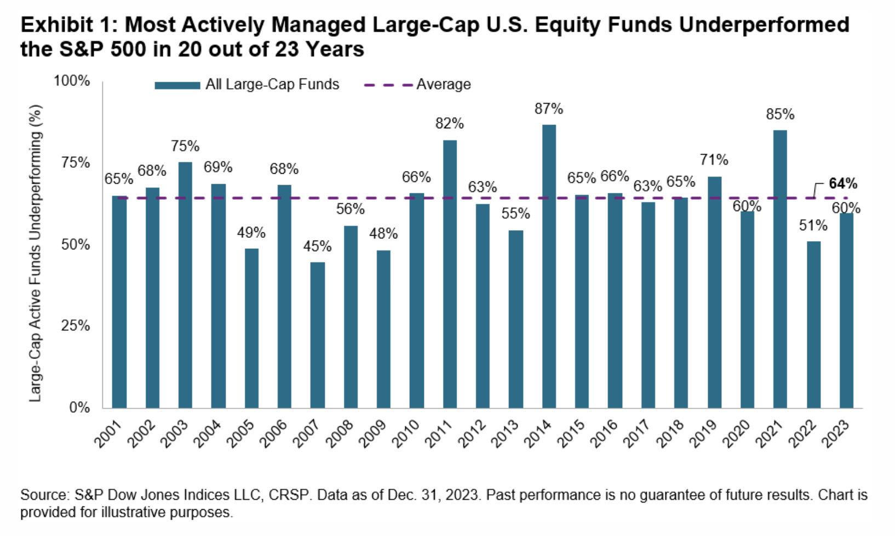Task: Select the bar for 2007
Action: coord(318,335)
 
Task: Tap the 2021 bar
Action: coord(780,269)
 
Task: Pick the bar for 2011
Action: coord(450,274)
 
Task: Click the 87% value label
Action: coord(549,109)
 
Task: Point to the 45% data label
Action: coord(318,247)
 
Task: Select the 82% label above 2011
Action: coord(450,124)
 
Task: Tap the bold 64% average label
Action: coord(842,184)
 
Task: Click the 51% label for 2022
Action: coord(813,226)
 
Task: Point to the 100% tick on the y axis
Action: coord(72,81)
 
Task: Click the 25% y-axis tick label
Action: coord(75,326)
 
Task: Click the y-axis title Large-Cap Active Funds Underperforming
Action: coord(36,253)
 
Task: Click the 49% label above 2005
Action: coord(251,233)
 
